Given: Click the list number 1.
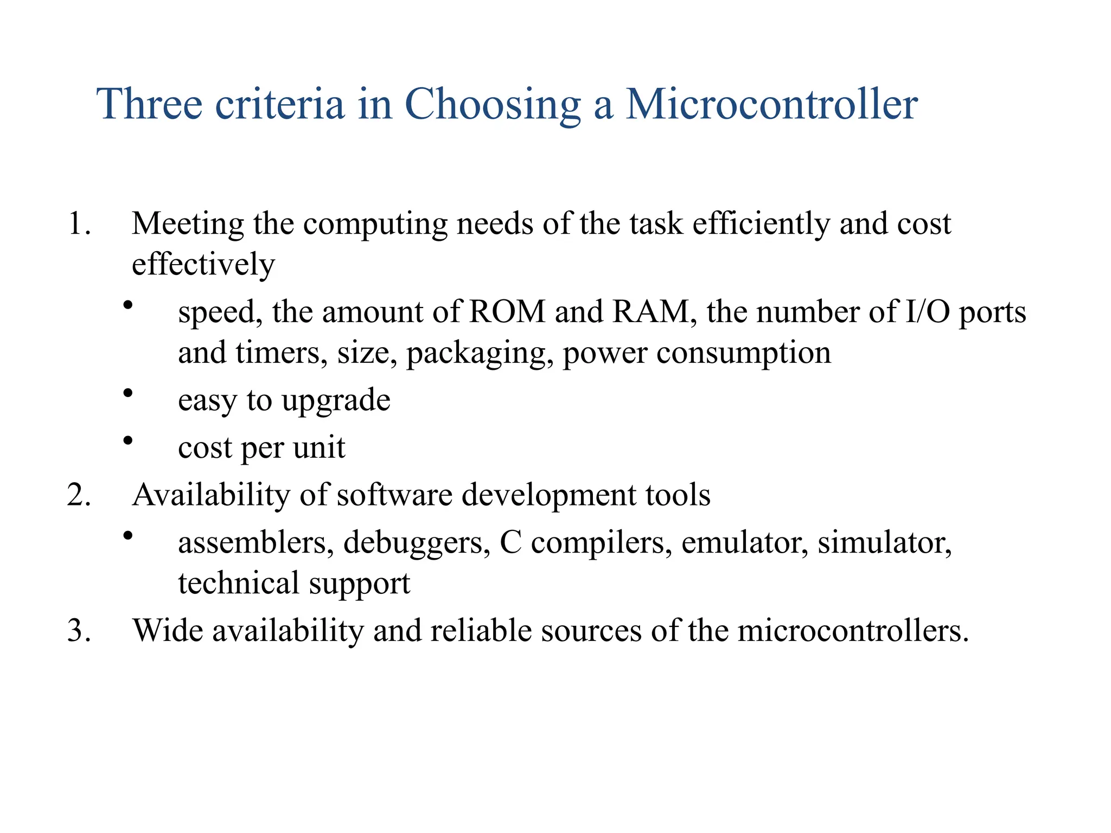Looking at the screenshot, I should point(78,223).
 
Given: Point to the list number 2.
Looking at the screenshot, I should point(78,495).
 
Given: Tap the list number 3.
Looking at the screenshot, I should point(78,631).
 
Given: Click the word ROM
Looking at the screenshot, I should point(507,312).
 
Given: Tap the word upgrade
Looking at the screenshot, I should point(336,401).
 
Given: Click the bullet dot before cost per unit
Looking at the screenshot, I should point(127,440).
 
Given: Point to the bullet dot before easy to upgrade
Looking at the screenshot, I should point(127,393).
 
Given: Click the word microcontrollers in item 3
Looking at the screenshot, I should point(852,631).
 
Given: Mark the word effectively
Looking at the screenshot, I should point(203,265).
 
